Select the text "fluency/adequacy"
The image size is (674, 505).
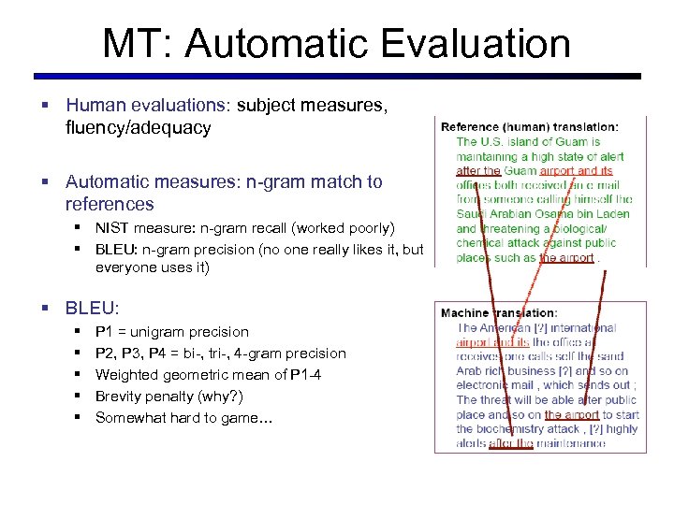tap(138, 128)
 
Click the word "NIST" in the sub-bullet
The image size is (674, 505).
tap(113, 228)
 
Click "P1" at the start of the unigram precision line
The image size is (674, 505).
tap(104, 332)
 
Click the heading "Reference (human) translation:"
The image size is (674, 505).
tap(529, 126)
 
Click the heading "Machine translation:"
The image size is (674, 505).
tap(499, 313)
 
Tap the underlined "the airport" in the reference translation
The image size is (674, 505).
tap(567, 257)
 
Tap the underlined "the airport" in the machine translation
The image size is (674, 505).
tap(572, 414)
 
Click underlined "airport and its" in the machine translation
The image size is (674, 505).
tap(492, 342)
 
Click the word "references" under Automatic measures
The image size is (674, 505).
tap(109, 204)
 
